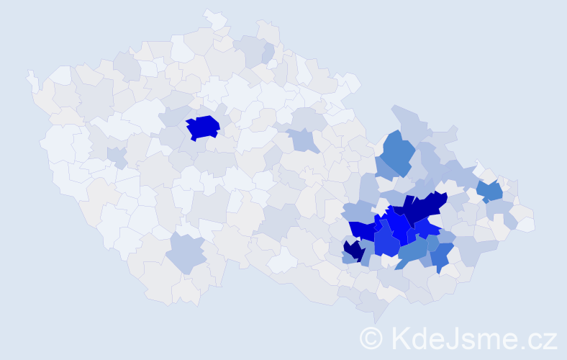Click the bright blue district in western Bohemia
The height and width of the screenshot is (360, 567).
tap(203, 127)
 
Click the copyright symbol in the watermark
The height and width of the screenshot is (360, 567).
tap(371, 337)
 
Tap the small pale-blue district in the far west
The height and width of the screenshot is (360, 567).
tap(115, 155)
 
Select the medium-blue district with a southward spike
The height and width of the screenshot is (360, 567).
tap(441, 256)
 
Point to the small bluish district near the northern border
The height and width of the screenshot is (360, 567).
tap(268, 52)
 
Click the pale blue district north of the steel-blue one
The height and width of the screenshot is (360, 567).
tap(411, 122)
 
